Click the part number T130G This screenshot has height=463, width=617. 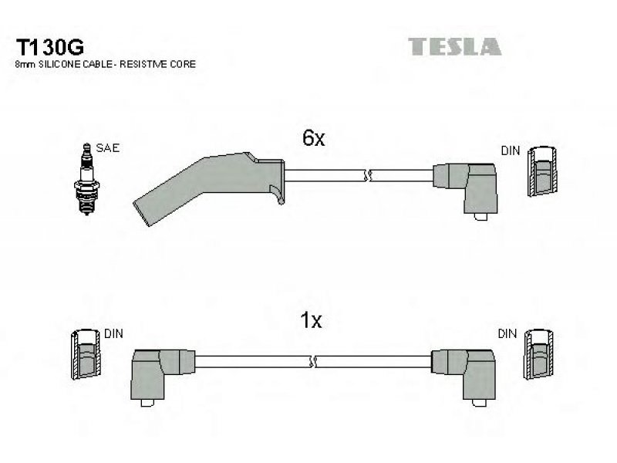tap(49, 48)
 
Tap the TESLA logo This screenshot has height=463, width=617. tap(454, 46)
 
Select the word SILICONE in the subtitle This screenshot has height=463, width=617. tap(59, 64)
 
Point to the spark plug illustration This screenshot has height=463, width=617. tap(86, 179)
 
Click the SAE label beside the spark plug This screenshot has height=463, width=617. tap(107, 148)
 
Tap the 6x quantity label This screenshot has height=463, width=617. tap(313, 138)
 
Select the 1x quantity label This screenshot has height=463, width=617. tap(311, 320)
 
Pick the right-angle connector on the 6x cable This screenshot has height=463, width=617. tap(467, 191)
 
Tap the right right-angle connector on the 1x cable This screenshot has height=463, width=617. tap(464, 376)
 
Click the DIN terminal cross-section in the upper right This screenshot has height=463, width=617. tap(542, 171)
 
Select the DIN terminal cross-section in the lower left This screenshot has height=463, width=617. tap(86, 354)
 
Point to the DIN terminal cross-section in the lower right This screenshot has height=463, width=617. tap(538, 354)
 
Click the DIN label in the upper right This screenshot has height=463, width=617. tap(511, 150)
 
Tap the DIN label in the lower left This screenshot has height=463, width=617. tap(113, 334)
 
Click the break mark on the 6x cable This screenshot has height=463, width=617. tap(367, 176)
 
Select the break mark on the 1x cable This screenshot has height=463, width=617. tap(313, 361)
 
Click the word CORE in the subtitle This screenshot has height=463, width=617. tap(184, 64)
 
